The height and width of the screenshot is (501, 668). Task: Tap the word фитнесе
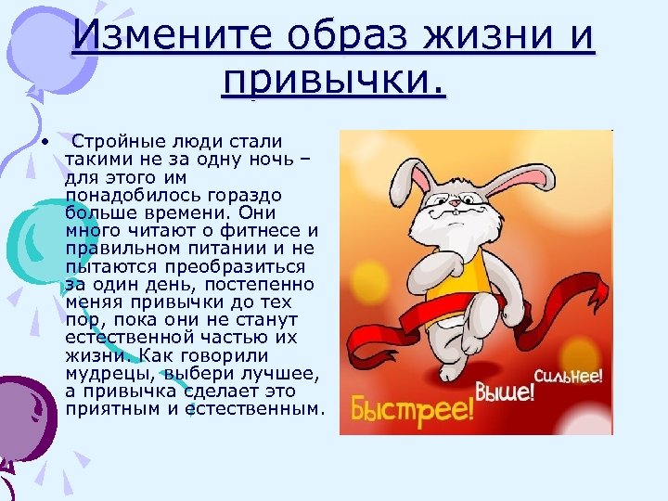coord(263,230)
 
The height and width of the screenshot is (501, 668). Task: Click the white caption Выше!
coord(505,391)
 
